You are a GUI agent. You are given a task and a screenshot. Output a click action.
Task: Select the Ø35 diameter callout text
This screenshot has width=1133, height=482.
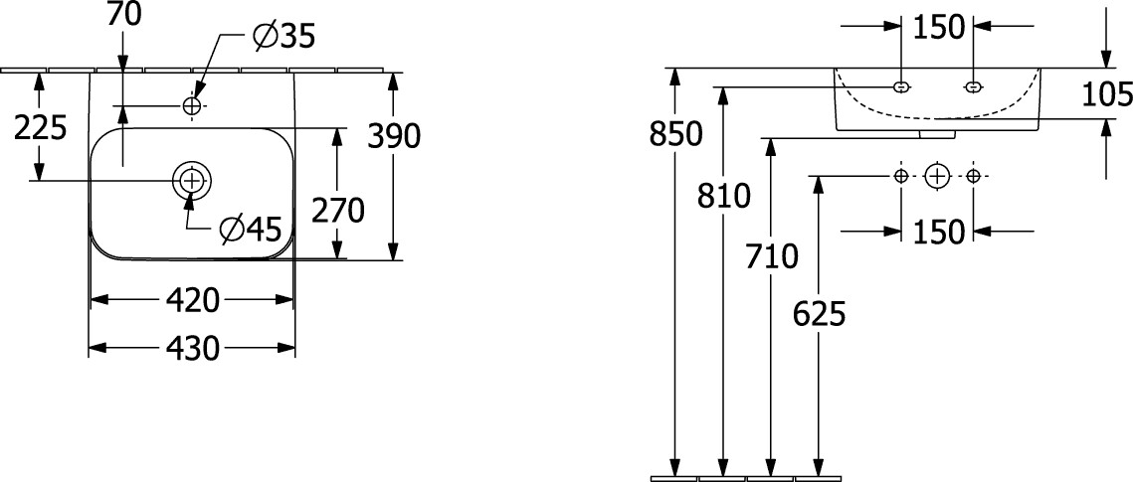tap(283, 37)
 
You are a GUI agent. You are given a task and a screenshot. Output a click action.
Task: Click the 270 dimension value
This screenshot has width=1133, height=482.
tap(338, 210)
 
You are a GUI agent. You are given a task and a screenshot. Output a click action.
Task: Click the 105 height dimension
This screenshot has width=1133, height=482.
tap(1107, 94)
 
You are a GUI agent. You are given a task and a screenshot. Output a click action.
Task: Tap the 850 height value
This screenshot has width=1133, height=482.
tap(675, 133)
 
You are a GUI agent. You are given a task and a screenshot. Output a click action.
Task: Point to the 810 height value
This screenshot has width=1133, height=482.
tap(723, 197)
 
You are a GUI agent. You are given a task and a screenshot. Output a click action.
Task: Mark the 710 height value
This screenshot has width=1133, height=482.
tap(771, 256)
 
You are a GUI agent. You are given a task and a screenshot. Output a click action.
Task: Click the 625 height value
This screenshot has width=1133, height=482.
tap(819, 314)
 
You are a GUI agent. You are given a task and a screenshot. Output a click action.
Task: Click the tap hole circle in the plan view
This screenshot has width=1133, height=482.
tap(192, 105)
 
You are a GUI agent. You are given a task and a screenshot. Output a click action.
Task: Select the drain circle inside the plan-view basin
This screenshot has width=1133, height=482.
tap(192, 180)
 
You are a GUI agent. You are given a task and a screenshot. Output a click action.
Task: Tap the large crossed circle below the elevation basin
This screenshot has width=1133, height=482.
tap(936, 176)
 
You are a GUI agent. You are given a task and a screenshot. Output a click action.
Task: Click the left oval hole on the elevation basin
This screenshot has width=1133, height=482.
tap(900, 86)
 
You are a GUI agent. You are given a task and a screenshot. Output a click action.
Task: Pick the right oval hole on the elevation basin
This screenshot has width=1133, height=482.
tap(973, 86)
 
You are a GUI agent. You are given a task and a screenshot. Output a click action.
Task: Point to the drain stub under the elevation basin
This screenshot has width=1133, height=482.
tap(937, 133)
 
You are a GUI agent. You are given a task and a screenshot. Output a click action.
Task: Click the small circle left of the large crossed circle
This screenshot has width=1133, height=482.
tap(900, 176)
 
